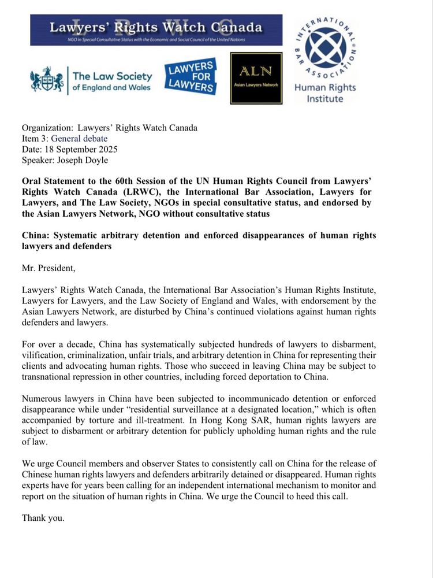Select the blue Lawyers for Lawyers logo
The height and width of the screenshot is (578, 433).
190,77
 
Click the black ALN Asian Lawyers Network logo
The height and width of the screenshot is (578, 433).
256,78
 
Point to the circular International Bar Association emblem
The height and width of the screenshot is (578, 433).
325,51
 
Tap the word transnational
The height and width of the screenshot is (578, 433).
50,377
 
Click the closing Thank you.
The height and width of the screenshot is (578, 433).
43,518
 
